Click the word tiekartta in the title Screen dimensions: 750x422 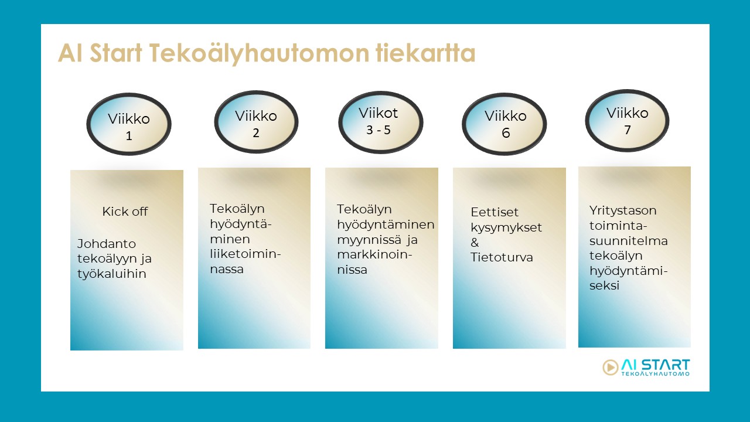point(425,53)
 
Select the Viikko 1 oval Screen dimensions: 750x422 point(129,124)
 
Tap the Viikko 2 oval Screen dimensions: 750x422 point(256,122)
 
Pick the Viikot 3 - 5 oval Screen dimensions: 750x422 point(381,122)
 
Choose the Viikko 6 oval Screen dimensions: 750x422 point(504,124)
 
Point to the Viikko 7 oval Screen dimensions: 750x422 point(627,121)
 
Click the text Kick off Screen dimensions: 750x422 point(125,212)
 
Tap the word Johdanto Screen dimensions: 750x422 point(107,243)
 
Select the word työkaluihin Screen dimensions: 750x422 point(112,274)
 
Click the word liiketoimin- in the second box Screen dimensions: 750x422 point(246,254)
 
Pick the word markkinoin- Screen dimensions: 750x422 point(374,254)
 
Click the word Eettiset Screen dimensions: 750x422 point(494,212)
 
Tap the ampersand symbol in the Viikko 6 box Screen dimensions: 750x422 point(475,243)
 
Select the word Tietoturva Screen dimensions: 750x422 point(502,257)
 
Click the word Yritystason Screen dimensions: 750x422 point(623,211)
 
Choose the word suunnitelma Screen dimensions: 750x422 point(629,241)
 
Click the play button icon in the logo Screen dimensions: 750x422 point(610,367)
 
